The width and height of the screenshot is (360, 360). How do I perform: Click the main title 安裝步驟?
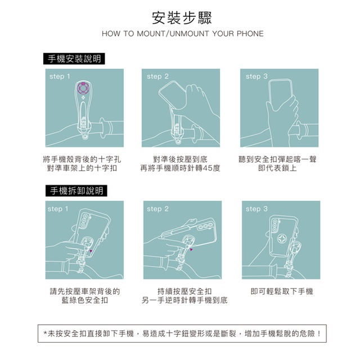182,17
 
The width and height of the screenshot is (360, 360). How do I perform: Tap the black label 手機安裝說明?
74,58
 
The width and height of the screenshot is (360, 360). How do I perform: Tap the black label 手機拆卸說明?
76,191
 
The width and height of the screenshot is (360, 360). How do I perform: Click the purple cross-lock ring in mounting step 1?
83,88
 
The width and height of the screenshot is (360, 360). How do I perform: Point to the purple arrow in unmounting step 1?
91,251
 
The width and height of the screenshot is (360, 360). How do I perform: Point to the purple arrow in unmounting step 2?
191,249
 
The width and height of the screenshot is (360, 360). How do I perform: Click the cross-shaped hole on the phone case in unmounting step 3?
281,238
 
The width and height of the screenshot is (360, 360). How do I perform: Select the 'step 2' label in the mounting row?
157,76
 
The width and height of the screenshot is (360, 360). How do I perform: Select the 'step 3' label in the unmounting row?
256,209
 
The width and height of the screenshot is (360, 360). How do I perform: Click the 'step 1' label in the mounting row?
60,76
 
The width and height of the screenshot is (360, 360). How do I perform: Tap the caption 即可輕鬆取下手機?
282,291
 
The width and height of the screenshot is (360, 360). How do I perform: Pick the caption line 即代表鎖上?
277,168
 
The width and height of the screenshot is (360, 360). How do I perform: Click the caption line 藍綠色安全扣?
85,300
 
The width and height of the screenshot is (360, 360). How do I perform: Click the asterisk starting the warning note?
46,334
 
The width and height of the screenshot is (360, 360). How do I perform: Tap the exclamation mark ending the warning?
319,334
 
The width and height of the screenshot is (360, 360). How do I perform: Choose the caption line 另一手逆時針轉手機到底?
184,300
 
